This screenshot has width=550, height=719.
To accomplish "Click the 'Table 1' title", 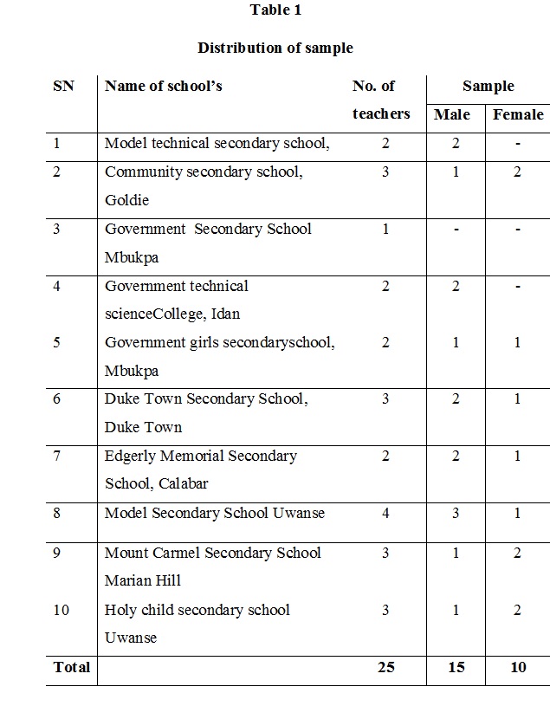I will (x=275, y=10).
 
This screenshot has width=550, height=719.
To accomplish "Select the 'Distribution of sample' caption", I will (x=275, y=48).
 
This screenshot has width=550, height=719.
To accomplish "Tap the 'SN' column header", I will (x=63, y=86).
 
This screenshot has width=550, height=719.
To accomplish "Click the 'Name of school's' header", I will (x=164, y=86).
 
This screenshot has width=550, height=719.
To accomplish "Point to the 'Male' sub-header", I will (x=452, y=114).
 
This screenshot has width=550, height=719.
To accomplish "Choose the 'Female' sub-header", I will (x=518, y=114).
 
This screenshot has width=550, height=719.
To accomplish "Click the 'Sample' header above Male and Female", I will (x=488, y=86).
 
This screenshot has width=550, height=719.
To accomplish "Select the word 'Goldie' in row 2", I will (x=127, y=200).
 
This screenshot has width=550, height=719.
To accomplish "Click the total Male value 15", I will (x=456, y=667).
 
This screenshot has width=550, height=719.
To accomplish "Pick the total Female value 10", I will (x=517, y=667).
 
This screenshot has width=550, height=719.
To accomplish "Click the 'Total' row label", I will (x=71, y=667).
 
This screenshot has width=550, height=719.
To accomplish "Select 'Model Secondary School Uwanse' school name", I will (x=215, y=513).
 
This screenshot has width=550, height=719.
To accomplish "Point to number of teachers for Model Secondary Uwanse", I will (x=385, y=513).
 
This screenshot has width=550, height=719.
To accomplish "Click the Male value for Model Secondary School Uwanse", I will (x=456, y=513).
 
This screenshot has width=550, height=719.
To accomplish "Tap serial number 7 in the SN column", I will (x=57, y=456).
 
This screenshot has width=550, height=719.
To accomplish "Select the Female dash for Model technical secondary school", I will (x=518, y=144).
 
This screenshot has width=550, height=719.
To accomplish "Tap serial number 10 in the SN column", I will (x=61, y=610).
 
